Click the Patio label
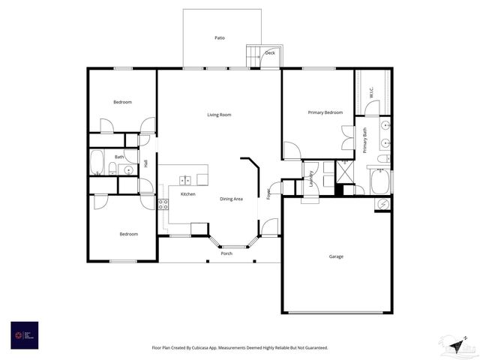pyautogui.click(x=220, y=37)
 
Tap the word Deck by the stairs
pyautogui.click(x=270, y=53)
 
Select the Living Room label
pyautogui.click(x=219, y=115)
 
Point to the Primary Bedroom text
pyautogui.click(x=325, y=112)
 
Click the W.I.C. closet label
pyautogui.click(x=371, y=94)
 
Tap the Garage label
pyautogui.click(x=336, y=256)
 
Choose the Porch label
pyautogui.click(x=226, y=253)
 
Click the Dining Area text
pyautogui.click(x=231, y=199)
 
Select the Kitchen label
pyautogui.click(x=187, y=194)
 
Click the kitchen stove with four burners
pyautogui.click(x=163, y=202)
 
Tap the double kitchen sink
pyautogui.click(x=184, y=180)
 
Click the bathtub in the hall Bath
pyautogui.click(x=97, y=163)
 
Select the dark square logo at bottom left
pyautogui.click(x=24, y=334)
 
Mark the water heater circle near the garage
pyautogui.click(x=382, y=203)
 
